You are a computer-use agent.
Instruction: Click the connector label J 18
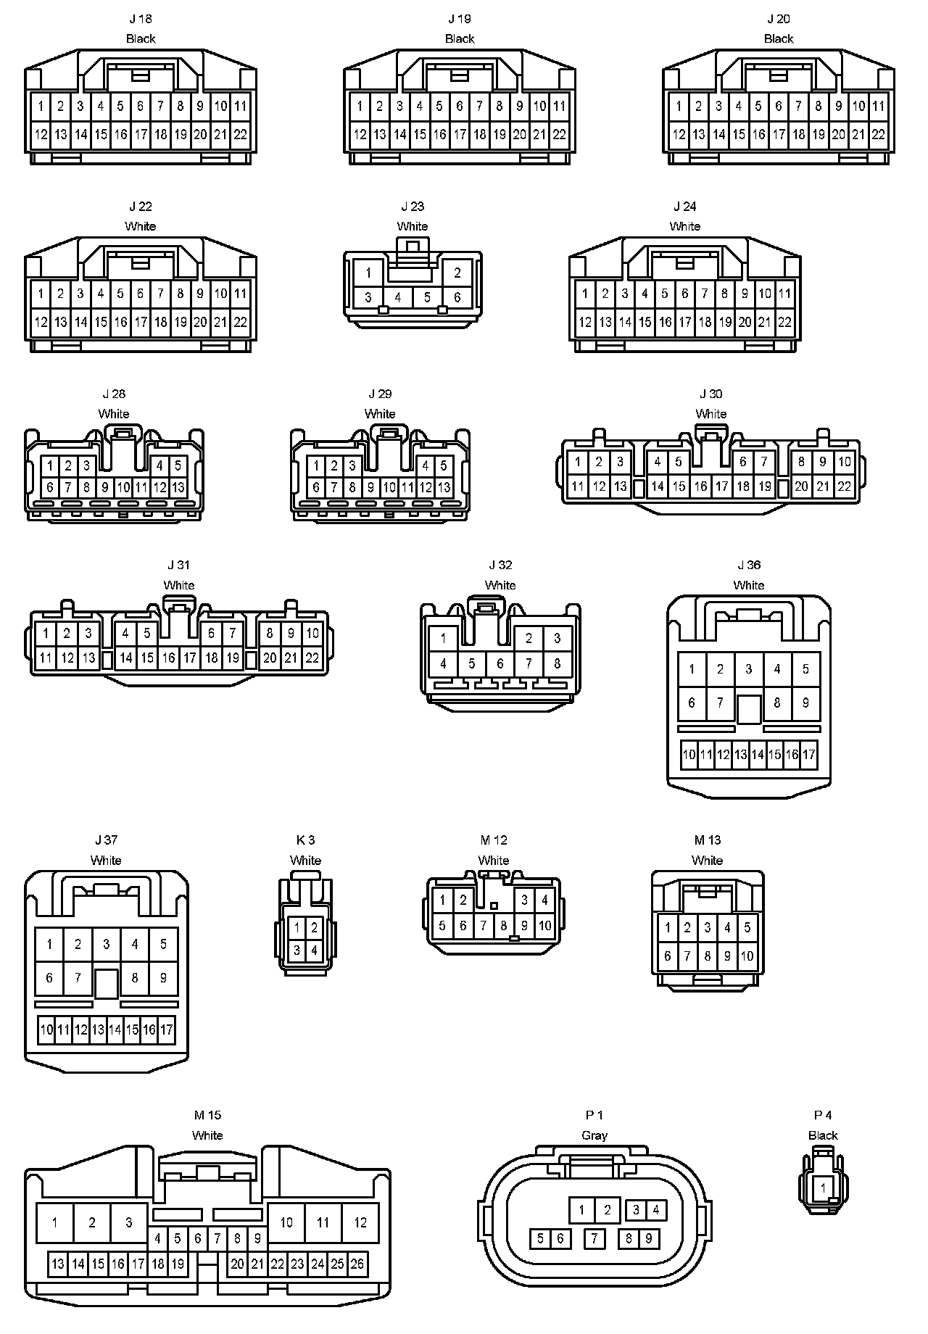[141, 19]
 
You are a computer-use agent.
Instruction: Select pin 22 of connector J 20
[878, 134]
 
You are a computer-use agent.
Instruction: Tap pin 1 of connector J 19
[360, 107]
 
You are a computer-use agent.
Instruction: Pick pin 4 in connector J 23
[398, 297]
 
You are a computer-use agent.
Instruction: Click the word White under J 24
[684, 226]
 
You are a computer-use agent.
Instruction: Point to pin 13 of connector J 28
[178, 488]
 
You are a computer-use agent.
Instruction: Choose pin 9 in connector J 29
[370, 488]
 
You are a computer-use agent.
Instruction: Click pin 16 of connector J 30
[700, 487]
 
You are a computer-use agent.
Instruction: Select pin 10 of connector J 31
[312, 633]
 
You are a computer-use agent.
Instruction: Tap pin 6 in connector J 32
[500, 663]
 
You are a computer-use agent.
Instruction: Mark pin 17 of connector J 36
[809, 755]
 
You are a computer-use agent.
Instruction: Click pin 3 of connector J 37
[107, 944]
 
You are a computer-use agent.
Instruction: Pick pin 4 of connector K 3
[314, 950]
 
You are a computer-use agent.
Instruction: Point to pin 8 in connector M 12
[503, 926]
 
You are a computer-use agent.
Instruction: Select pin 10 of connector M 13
[747, 956]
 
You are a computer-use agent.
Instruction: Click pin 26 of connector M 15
[357, 1264]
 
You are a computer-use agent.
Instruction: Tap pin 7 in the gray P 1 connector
[594, 1238]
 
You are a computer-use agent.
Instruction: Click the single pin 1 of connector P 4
[823, 1188]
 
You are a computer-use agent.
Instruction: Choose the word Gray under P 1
[594, 1135]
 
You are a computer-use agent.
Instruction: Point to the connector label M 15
[207, 1115]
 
